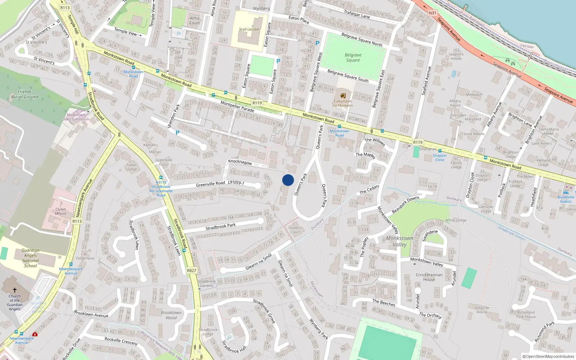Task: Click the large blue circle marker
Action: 288,180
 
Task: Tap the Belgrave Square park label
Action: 353,58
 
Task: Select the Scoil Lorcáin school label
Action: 249,30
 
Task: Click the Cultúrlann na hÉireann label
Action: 342,103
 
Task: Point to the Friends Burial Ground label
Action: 24,94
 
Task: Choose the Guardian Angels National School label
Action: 31,258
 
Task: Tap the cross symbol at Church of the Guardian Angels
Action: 15,290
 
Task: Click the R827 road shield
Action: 192,271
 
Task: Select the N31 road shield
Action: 432,13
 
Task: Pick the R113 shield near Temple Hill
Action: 65,8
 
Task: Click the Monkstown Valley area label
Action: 400,241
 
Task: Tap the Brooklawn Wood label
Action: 171,315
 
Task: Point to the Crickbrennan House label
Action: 429,277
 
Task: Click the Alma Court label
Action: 194,21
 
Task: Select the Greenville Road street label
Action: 210,184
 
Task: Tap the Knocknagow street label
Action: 240,162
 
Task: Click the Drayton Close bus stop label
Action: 440,158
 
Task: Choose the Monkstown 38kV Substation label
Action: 76,117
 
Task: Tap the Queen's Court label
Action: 295,230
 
